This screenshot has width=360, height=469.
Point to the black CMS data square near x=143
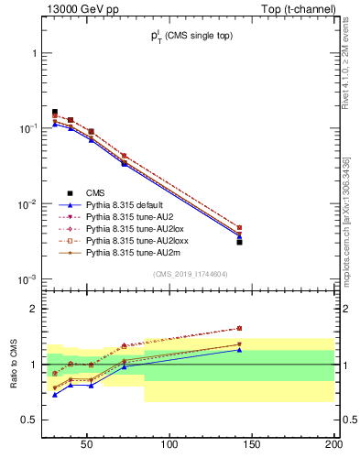coord(239,242)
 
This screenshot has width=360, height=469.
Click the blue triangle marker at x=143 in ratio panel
coord(239,350)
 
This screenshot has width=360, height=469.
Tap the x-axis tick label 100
coord(169,446)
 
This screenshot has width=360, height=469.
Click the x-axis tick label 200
coord(333,446)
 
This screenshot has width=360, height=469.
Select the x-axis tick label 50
coord(87,446)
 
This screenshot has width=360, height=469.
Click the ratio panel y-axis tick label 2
coord(34,309)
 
